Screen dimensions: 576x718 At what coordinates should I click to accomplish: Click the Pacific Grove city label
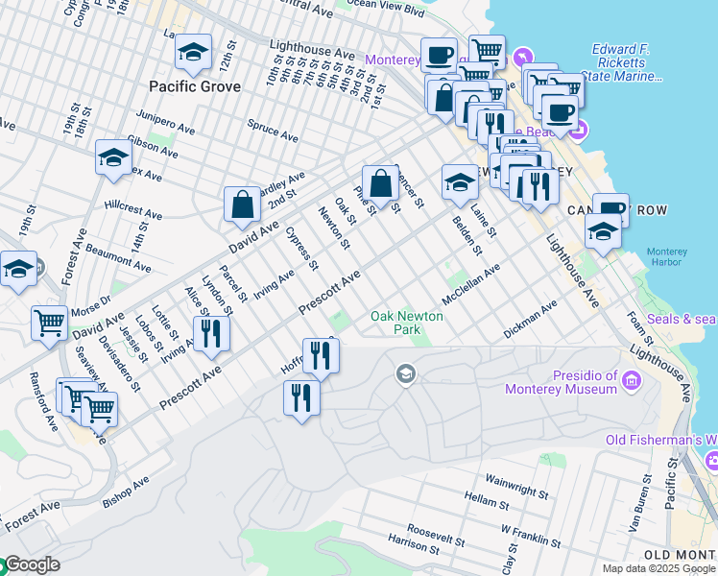coord(195,86)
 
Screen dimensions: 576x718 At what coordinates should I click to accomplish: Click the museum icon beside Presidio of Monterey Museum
coord(632,382)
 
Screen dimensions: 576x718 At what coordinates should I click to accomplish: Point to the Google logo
coord(31,564)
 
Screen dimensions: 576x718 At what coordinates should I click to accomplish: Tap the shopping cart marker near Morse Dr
coord(49,324)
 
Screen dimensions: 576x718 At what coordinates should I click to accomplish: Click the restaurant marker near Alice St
coord(209,334)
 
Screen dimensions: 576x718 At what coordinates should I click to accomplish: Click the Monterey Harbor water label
coord(666,255)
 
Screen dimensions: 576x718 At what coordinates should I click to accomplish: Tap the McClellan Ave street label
coord(471,285)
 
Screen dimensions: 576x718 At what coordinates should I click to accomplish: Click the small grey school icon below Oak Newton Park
coord(406,372)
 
